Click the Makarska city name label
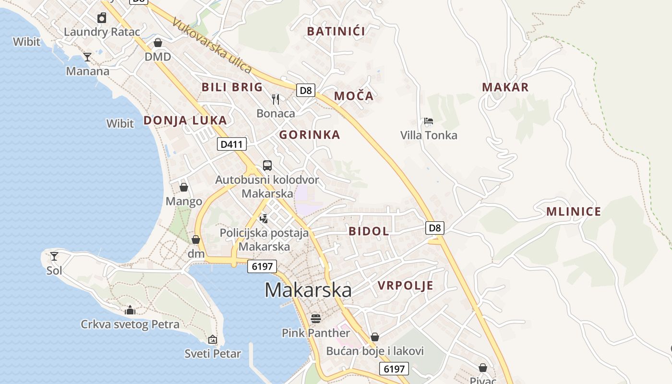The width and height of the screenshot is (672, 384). [308, 290]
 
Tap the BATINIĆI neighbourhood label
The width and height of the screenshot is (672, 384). [336, 32]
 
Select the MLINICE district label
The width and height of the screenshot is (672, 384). [574, 212]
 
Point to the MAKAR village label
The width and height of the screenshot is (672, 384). [505, 87]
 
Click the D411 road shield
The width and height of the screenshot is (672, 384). [232, 144]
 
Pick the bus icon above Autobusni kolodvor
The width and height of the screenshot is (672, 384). [267, 166]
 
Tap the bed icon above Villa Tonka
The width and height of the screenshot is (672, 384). [429, 121]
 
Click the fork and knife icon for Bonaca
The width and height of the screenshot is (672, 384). [276, 99]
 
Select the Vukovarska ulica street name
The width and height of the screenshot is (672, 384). [212, 46]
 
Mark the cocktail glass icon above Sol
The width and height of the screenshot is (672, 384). [54, 256]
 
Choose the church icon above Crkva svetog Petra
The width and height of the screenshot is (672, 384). [130, 310]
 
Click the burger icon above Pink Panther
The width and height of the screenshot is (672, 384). [315, 318]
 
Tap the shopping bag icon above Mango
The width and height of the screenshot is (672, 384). [184, 187]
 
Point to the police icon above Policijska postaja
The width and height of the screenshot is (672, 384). [264, 219]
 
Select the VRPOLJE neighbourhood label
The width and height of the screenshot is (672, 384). [405, 286]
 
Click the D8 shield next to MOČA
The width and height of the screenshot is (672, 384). [306, 90]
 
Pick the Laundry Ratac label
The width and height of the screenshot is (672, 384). [102, 32]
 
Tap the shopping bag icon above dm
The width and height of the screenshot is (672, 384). [196, 239]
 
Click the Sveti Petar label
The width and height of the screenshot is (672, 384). [213, 354]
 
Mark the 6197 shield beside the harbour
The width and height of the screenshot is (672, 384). [262, 266]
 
